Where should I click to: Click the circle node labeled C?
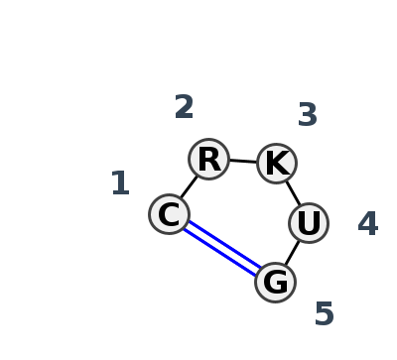[169, 214]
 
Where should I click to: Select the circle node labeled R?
[208, 159]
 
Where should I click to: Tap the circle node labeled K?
[276, 163]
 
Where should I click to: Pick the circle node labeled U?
[309, 223]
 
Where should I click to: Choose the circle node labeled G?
[275, 282]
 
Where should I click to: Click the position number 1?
[120, 183]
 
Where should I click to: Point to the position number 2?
[184, 107]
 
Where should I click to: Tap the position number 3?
[308, 115]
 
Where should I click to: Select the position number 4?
[367, 224]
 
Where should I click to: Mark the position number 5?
[324, 314]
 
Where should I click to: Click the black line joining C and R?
[188, 187]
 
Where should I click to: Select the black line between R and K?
[242, 161]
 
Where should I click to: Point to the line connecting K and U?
[293, 192]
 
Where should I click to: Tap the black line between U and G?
[292, 253]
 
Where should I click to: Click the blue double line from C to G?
[222, 248]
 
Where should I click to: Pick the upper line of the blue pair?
[224, 244]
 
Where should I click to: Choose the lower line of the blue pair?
[219, 252]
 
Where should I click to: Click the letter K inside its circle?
[276, 163]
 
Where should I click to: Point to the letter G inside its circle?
[275, 282]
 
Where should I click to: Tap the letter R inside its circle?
[208, 159]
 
